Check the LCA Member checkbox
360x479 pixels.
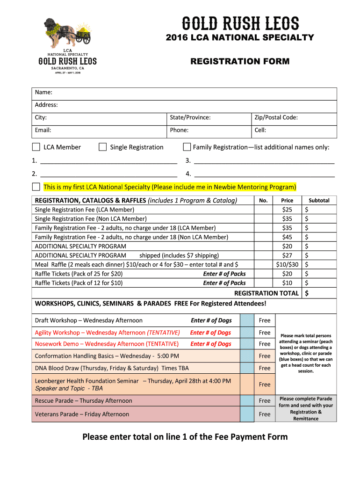pos(36,147)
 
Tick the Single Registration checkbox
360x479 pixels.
pos(103,147)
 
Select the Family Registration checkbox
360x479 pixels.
pos(187,147)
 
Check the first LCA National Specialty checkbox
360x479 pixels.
pos(36,187)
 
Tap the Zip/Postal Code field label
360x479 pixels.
pos(276,117)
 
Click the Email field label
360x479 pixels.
pos(43,130)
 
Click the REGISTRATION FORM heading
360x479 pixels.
pos(240,61)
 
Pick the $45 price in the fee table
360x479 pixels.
pos(287,237)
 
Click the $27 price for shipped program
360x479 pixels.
pos(287,255)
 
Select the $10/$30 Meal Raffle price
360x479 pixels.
pos(287,264)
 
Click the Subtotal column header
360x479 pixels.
pos(319,200)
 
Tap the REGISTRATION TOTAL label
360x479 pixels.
pos(266,293)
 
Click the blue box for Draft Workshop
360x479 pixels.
pos(247,320)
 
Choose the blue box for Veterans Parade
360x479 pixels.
pos(247,414)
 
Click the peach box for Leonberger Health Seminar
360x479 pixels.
pos(247,384)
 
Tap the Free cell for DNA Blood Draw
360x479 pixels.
pos(265,368)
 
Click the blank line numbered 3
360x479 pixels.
pos(264,160)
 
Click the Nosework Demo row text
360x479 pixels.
pos(107,344)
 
